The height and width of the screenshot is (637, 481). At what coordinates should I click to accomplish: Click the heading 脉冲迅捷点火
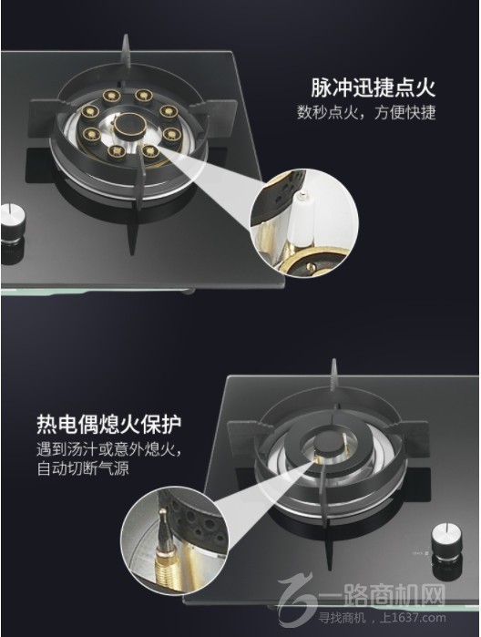pos(373,88)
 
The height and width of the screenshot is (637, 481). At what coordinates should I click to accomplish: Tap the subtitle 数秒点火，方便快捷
pos(366,114)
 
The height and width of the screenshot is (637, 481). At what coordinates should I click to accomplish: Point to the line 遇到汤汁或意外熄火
pos(110,452)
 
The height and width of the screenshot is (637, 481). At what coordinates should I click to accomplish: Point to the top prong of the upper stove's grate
pos(128,57)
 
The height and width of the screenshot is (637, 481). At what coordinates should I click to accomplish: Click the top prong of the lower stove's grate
pos(334,375)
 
